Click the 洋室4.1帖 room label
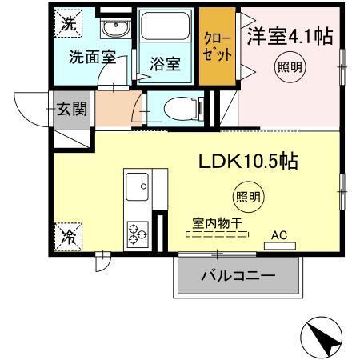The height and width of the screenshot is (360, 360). (x=289, y=36)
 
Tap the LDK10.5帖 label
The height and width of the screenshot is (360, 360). (x=248, y=162)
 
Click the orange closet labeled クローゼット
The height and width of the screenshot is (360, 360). (x=218, y=48)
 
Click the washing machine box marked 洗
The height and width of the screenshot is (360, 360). (x=68, y=23)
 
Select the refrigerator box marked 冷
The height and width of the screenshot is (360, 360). (x=68, y=236)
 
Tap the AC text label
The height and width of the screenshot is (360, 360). (x=279, y=235)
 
